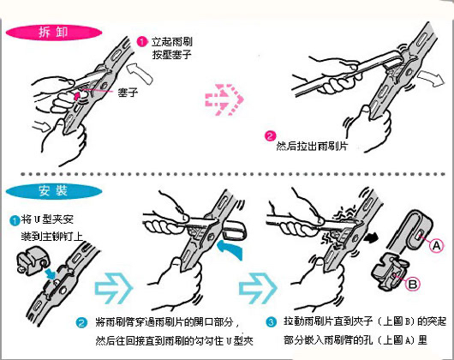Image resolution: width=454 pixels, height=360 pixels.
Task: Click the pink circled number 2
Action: click(269, 135)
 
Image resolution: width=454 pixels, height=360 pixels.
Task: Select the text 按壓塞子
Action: click(170, 54)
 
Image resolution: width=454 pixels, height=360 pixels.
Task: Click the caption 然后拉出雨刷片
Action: click(312, 147)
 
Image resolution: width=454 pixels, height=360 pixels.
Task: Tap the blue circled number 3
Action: click(271, 323)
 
